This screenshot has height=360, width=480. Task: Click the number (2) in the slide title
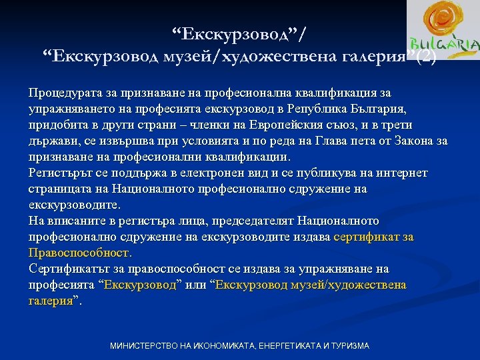(425, 57)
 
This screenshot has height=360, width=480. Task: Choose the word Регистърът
(58, 173)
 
